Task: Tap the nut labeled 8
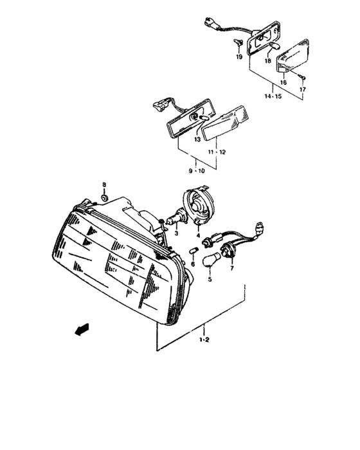click(105, 197)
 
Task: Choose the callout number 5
click(192, 264)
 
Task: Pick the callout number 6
click(192, 264)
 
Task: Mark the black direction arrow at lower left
click(80, 330)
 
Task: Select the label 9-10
click(197, 172)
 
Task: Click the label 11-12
click(217, 152)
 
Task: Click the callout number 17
click(303, 89)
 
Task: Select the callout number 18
click(267, 61)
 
